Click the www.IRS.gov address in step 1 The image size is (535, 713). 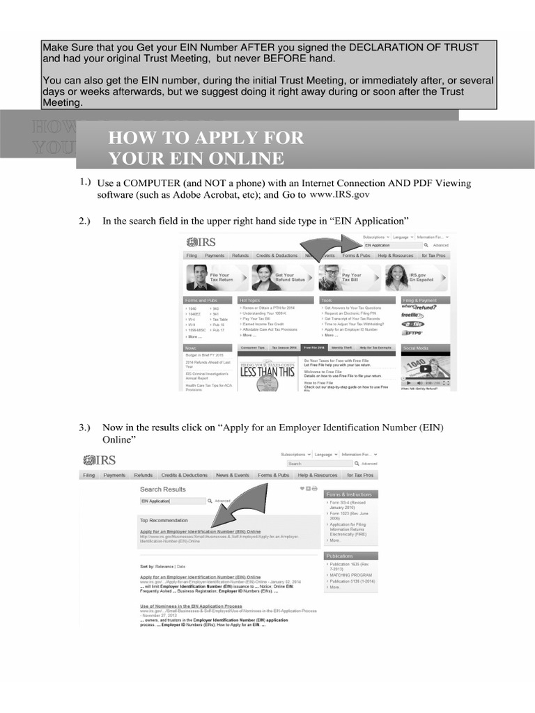[339, 196]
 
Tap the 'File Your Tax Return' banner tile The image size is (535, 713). [217, 278]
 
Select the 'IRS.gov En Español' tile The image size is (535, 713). [417, 278]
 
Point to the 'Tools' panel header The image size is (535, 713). [327, 300]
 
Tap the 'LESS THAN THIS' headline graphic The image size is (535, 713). [267, 371]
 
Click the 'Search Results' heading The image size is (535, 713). [163, 489]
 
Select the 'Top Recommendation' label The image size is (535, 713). [164, 520]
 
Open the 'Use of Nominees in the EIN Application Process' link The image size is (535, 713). [191, 606]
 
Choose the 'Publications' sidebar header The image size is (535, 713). [341, 556]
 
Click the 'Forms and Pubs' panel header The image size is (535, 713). [201, 300]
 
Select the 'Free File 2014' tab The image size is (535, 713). [314, 347]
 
